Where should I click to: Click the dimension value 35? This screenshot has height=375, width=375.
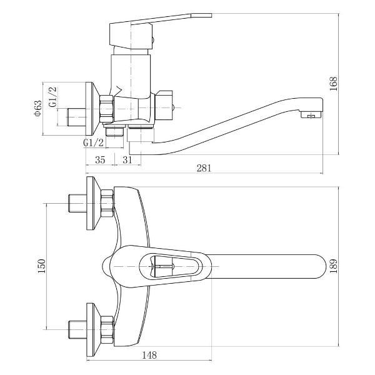[x=99, y=160]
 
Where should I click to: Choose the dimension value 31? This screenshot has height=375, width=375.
[x=127, y=160]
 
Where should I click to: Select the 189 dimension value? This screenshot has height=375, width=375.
[x=334, y=265]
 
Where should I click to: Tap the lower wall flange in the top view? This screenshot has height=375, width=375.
[x=91, y=328]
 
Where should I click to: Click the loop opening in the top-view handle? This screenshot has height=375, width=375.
[x=175, y=265]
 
